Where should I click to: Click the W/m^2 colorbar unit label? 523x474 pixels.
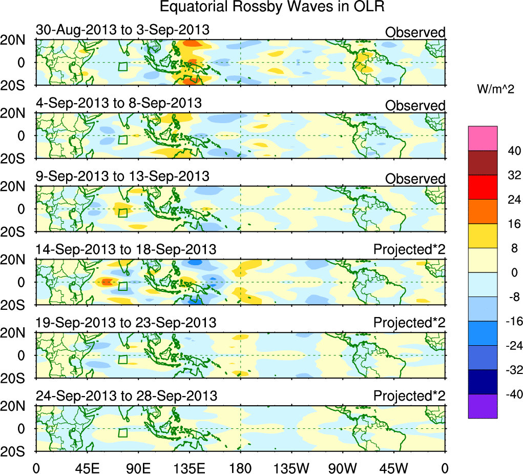pyautogui.click(x=496, y=90)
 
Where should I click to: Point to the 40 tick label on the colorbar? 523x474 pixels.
pyautogui.click(x=513, y=151)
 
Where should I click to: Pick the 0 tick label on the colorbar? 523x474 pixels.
pyautogui.click(x=513, y=272)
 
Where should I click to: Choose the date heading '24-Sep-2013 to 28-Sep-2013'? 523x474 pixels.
pyautogui.click(x=126, y=396)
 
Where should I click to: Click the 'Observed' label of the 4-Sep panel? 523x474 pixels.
pyautogui.click(x=415, y=106)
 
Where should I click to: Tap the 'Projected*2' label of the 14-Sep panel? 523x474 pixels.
pyautogui.click(x=409, y=249)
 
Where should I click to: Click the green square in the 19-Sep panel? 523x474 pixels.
pyautogui.click(x=122, y=360)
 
